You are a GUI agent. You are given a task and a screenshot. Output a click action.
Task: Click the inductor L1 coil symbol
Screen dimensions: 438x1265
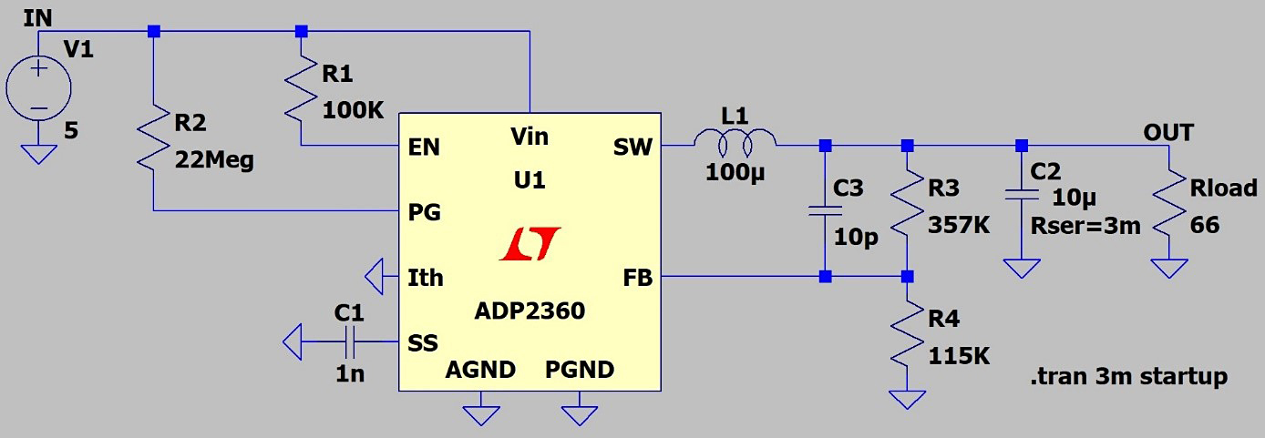click(x=735, y=140)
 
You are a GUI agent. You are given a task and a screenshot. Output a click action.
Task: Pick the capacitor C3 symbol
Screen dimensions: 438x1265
click(x=824, y=211)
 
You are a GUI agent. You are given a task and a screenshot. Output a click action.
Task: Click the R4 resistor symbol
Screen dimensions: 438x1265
click(x=907, y=336)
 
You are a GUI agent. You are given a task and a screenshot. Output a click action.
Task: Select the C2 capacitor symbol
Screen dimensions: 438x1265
click(x=1022, y=194)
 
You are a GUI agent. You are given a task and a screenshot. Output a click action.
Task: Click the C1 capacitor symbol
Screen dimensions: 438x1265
click(x=350, y=342)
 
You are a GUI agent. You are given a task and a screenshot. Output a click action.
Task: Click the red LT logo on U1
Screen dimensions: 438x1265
click(x=530, y=245)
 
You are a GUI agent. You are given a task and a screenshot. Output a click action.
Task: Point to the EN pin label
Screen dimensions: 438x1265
click(x=425, y=147)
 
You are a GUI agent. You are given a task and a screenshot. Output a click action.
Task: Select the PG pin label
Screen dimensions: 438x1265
click(x=425, y=212)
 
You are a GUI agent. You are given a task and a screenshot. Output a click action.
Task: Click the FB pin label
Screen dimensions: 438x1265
click(x=637, y=278)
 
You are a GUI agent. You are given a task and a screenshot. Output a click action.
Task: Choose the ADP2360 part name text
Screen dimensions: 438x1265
click(x=529, y=311)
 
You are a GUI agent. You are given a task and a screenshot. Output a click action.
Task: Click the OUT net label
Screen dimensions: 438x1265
click(x=1168, y=133)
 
